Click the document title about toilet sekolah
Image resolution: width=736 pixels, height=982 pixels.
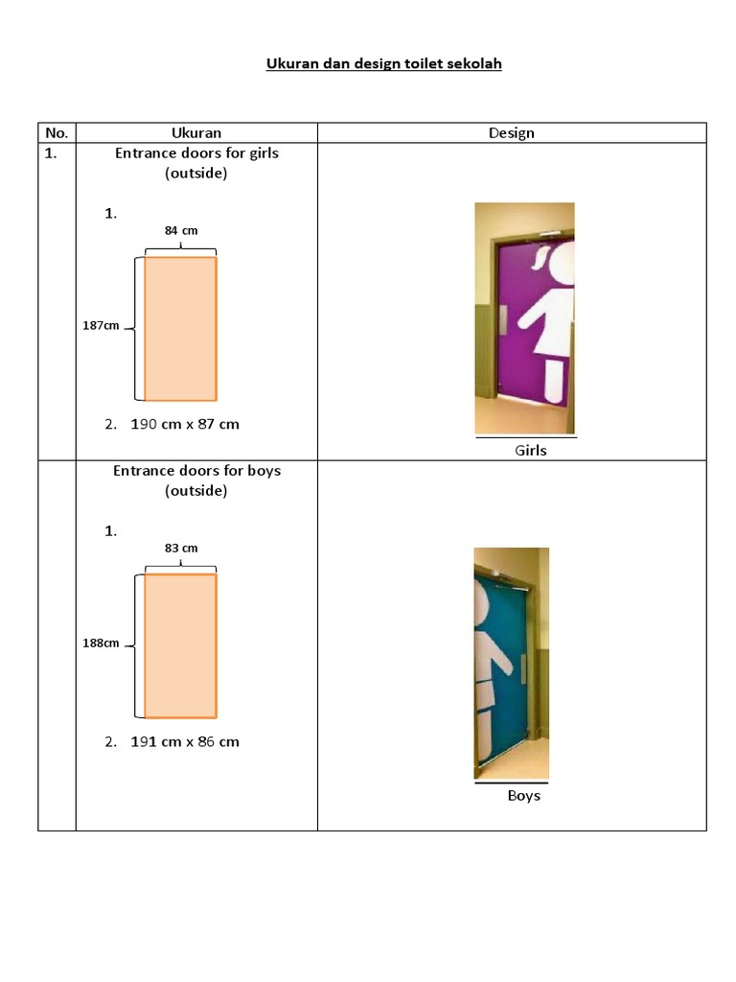pos(383,64)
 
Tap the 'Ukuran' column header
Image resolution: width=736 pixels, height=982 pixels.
pos(195,133)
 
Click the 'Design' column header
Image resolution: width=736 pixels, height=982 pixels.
pos(511,133)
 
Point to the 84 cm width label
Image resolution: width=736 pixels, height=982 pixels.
pos(180,230)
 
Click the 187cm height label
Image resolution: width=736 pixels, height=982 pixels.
pos(101,326)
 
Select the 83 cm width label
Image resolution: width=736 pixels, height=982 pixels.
pos(180,548)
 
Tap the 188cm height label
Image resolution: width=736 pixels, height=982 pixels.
pos(101,643)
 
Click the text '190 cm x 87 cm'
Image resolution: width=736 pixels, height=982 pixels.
pos(185,424)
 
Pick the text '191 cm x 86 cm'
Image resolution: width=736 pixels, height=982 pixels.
pos(185,741)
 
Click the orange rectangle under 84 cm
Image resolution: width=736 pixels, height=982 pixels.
pos(180,328)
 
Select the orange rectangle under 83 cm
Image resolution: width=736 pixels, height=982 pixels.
pos(180,645)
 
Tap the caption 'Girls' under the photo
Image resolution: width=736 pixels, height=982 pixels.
pos(530,450)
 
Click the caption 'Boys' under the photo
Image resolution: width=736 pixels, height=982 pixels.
pos(523,796)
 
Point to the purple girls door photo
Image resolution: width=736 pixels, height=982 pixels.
pos(524,318)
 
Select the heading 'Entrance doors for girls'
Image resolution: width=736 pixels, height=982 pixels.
pos(196,152)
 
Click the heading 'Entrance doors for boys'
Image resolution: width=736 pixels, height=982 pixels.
pos(196,471)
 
